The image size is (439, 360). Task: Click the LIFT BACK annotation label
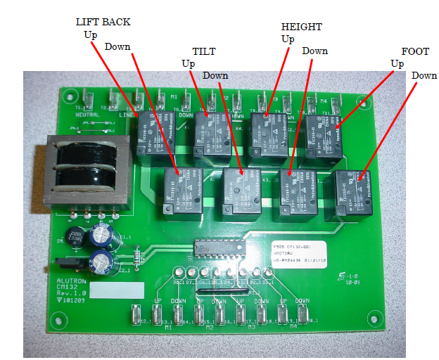(103, 22)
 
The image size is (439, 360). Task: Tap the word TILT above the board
(204, 51)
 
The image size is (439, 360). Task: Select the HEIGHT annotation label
(301, 27)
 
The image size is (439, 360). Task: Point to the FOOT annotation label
(414, 51)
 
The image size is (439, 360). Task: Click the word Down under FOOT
(424, 75)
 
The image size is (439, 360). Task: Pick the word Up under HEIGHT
(288, 39)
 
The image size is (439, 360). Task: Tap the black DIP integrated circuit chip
(217, 250)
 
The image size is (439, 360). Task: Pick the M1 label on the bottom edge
(167, 327)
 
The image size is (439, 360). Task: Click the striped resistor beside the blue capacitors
(136, 251)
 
